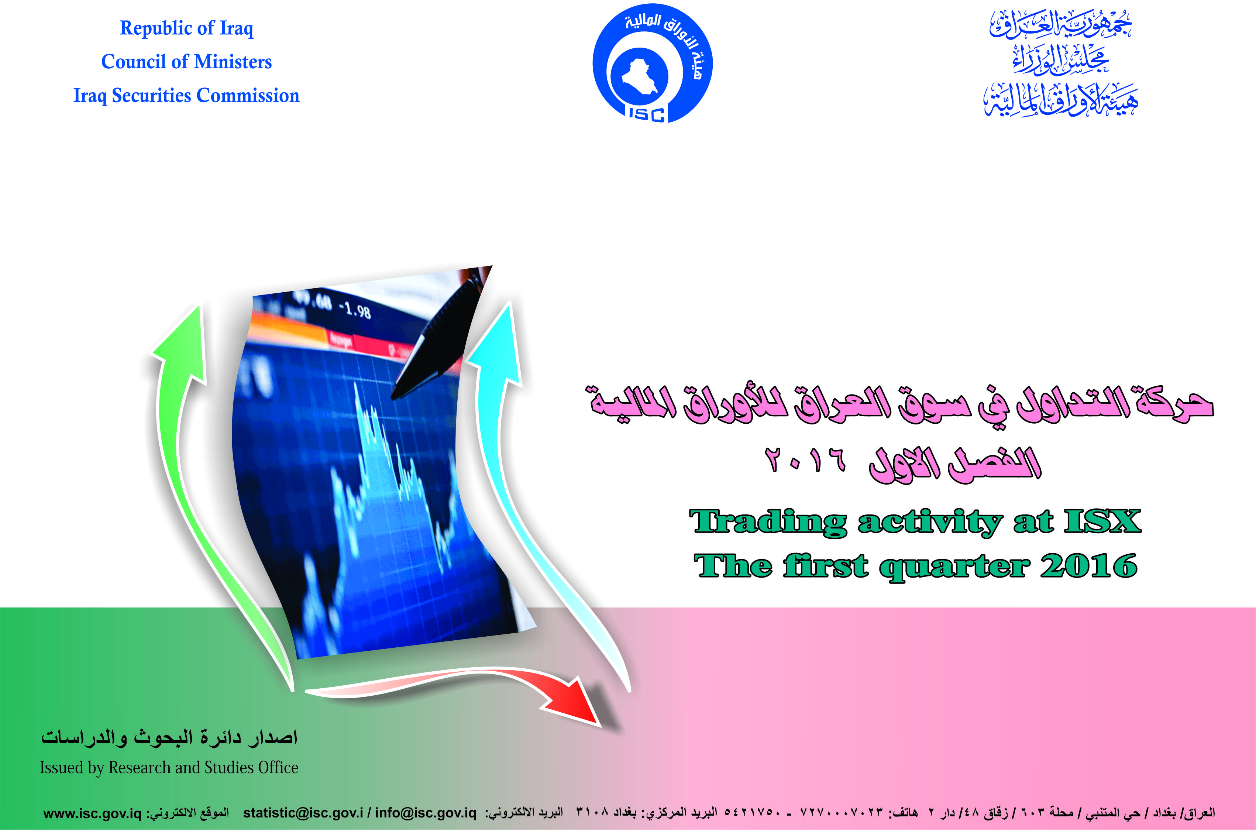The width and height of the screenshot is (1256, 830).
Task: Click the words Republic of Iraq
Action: click(186, 28)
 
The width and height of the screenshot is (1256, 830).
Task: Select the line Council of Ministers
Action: click(186, 61)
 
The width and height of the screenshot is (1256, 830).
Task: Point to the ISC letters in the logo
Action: click(646, 114)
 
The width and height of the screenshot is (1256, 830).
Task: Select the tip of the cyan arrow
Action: click(509, 303)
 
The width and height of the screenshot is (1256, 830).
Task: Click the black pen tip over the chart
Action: click(393, 396)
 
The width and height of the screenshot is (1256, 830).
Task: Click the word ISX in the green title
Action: click(1102, 521)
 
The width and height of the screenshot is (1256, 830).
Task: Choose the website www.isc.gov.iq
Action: click(92, 813)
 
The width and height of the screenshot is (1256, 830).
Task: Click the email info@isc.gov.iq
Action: click(426, 813)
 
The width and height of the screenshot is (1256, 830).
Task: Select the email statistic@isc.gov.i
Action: click(303, 813)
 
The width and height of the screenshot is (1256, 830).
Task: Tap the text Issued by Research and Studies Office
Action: click(169, 768)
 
